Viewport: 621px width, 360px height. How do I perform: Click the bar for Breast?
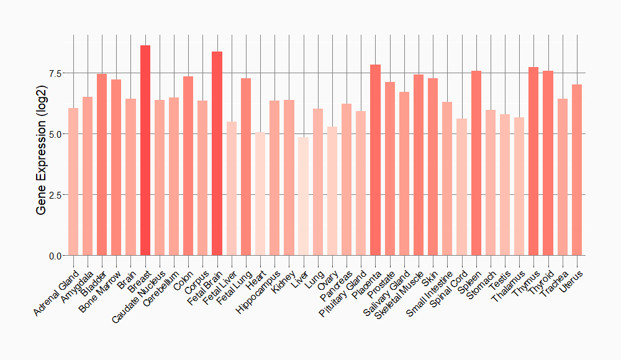click(x=145, y=150)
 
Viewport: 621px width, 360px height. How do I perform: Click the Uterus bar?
click(x=577, y=170)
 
